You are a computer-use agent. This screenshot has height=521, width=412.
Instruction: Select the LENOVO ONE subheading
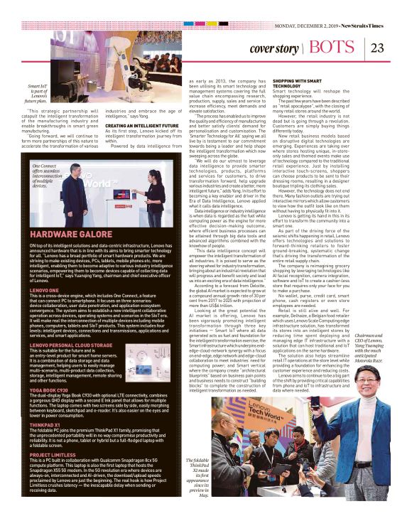(x=45, y=291)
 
